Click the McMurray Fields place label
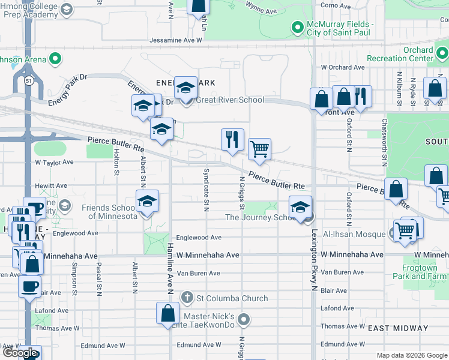340,28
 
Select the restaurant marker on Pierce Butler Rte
232,140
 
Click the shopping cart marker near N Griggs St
259,149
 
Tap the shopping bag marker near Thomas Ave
168,313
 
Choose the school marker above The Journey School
301,207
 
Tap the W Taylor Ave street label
54,162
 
